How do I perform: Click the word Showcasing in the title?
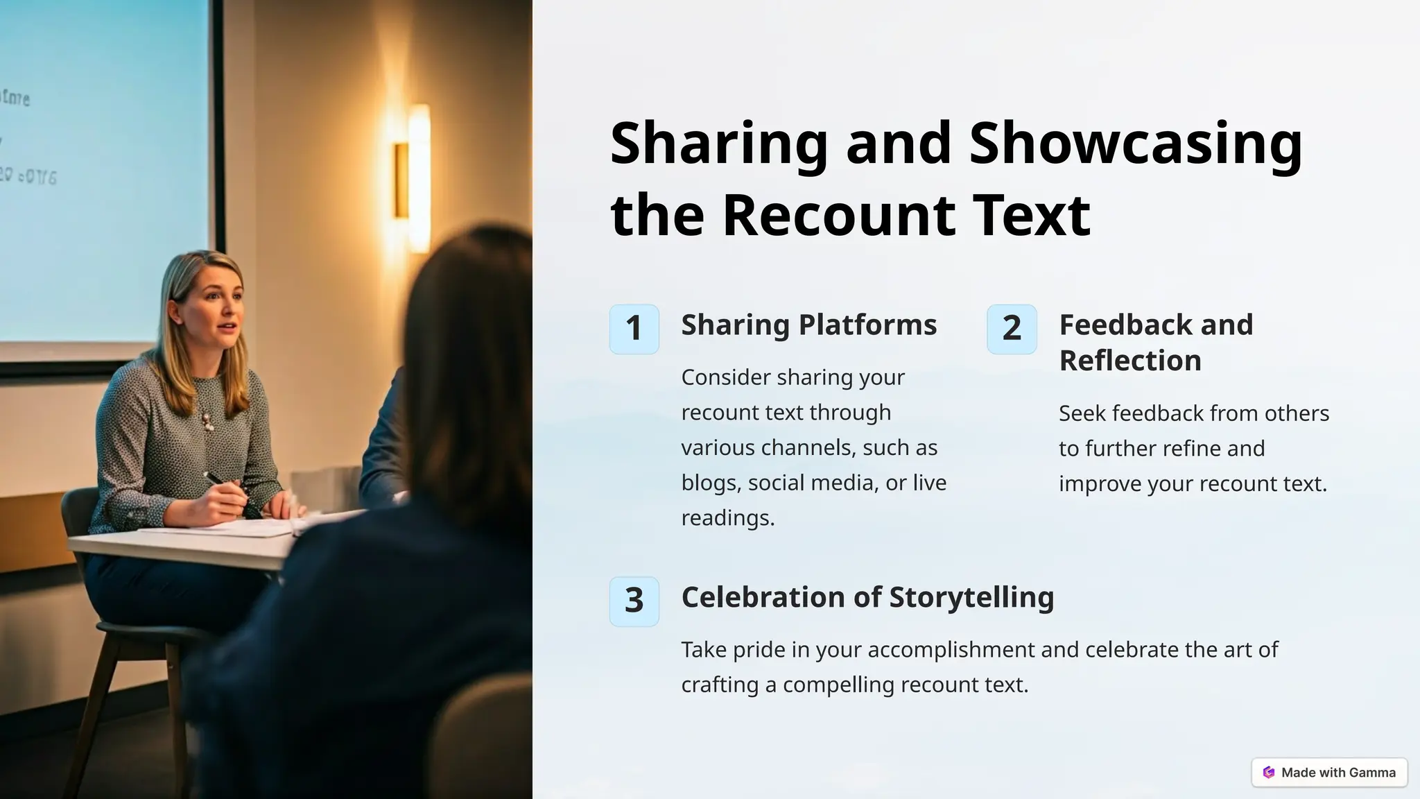click(x=1136, y=144)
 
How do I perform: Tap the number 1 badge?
click(x=634, y=329)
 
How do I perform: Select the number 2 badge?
click(x=1012, y=329)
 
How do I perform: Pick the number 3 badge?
click(x=634, y=601)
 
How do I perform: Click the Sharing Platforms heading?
click(x=808, y=325)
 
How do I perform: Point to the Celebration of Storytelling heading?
click(x=867, y=597)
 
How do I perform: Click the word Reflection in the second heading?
click(x=1130, y=361)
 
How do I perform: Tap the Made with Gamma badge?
click(x=1329, y=772)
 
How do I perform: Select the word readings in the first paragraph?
click(x=727, y=518)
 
